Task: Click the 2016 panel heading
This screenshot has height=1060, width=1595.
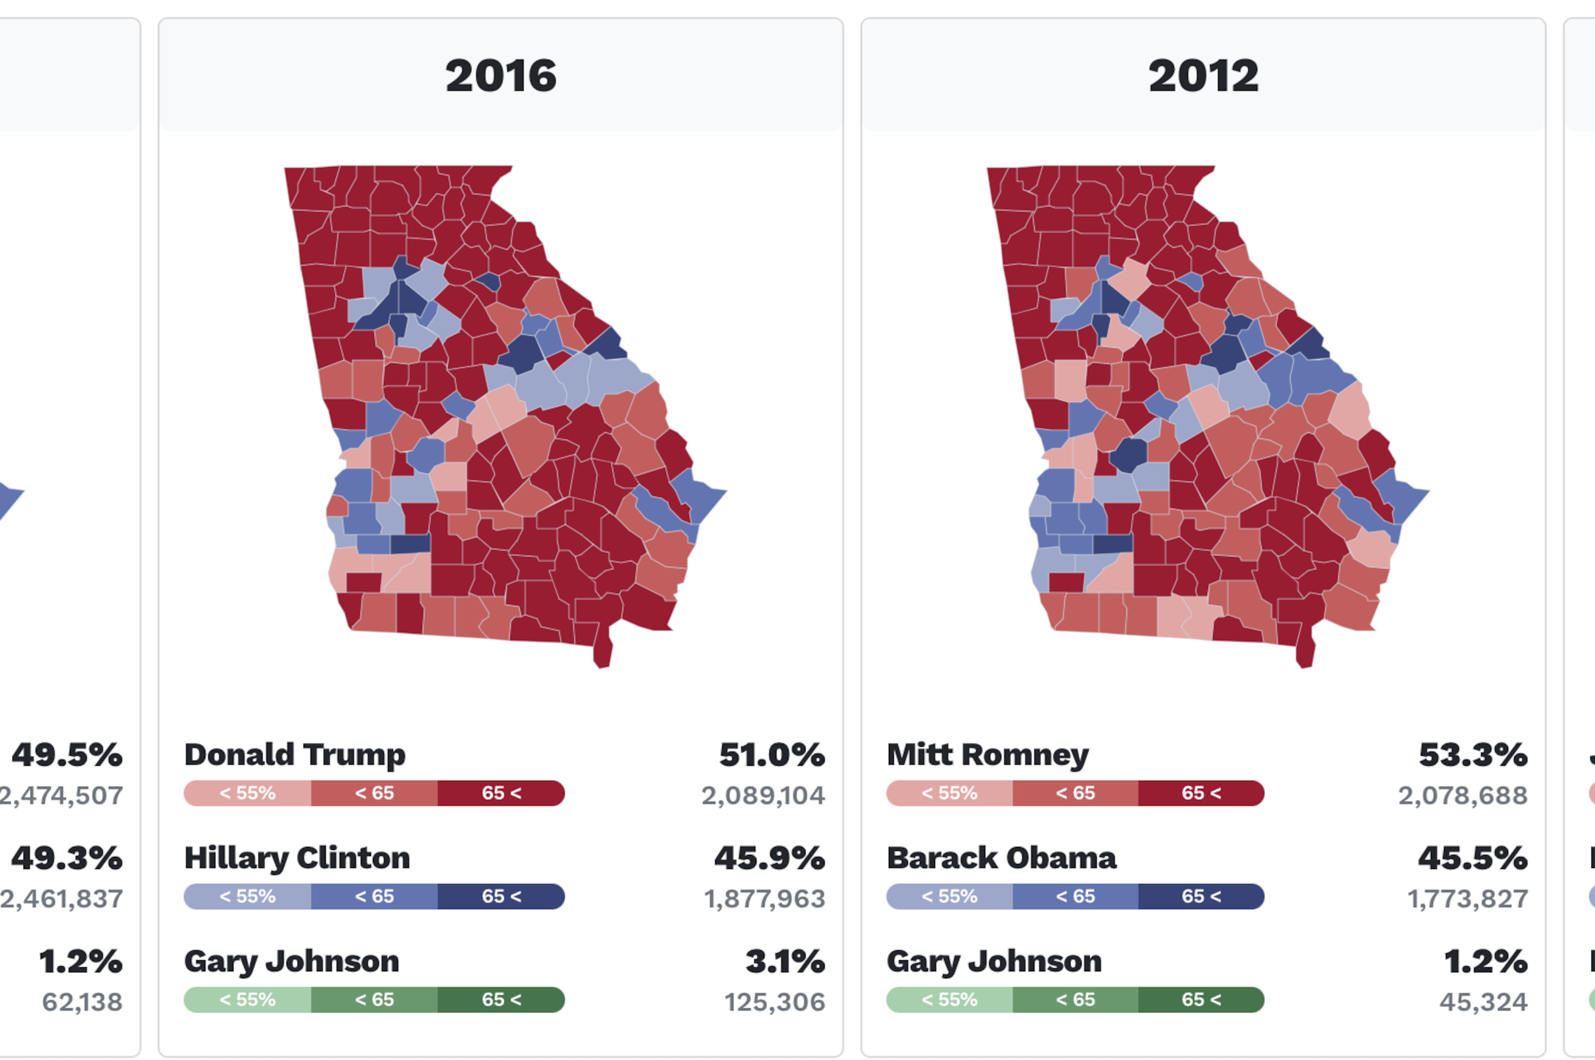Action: coord(501,75)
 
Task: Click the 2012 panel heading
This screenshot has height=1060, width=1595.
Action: coord(1203,75)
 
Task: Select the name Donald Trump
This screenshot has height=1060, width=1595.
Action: coord(295,754)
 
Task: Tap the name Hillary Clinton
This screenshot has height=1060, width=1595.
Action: coord(297,858)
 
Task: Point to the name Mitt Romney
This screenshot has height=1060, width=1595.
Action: coord(987,754)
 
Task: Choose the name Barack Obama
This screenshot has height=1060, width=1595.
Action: coord(1001,858)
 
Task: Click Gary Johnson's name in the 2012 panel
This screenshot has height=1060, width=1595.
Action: coord(994,961)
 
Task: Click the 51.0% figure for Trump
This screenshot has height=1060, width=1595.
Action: coord(771,754)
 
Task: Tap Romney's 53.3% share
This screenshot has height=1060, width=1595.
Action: coord(1472,754)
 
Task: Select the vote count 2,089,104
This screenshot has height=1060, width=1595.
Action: coord(763,796)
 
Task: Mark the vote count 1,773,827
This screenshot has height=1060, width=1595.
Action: coord(1467,899)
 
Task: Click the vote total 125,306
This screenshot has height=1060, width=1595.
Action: coord(774,1002)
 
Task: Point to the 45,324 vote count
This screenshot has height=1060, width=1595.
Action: coord(1483,1002)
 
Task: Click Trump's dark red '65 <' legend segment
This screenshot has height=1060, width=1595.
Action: coord(501,793)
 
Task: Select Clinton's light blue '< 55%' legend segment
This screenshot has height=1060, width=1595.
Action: coord(248,896)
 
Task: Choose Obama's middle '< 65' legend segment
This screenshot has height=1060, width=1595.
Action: coord(1075,896)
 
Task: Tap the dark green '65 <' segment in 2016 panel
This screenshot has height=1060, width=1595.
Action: coord(501,1000)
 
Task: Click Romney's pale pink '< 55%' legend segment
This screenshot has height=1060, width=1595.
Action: coord(949,793)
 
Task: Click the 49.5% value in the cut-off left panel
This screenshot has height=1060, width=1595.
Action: coord(67,754)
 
